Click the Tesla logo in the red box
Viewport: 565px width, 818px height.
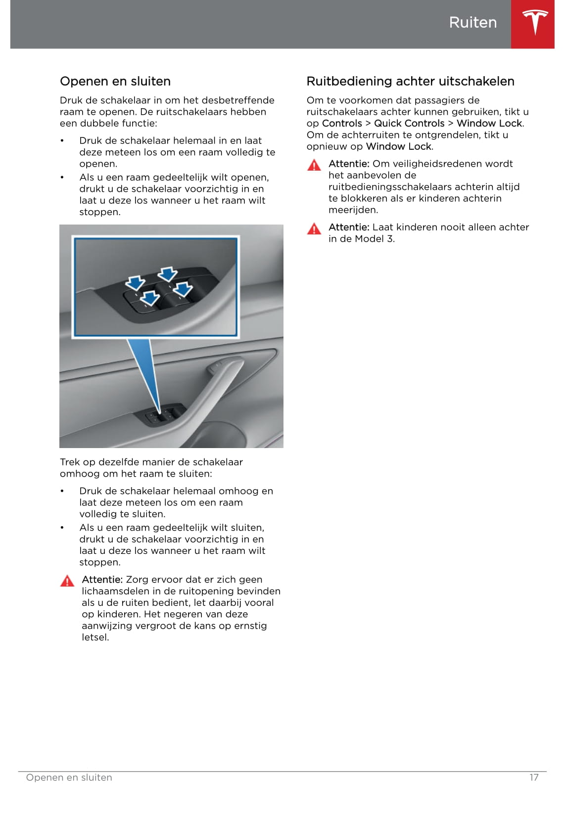(535, 23)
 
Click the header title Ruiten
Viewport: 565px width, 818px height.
(472, 23)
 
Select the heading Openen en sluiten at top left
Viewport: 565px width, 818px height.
(115, 82)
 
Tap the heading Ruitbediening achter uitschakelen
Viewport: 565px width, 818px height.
(410, 82)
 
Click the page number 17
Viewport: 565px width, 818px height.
(534, 777)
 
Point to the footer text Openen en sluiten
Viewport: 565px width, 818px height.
(69, 777)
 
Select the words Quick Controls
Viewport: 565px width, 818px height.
(409, 124)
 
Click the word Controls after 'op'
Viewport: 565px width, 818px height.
(342, 124)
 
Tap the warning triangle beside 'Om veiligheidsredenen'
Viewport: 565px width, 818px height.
(314, 165)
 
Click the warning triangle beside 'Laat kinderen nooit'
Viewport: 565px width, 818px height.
(314, 228)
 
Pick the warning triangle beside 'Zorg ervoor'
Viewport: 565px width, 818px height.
(67, 581)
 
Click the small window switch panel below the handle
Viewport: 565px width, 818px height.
(163, 416)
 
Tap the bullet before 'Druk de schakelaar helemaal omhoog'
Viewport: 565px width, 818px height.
(62, 491)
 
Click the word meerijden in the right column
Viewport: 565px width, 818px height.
(352, 210)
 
